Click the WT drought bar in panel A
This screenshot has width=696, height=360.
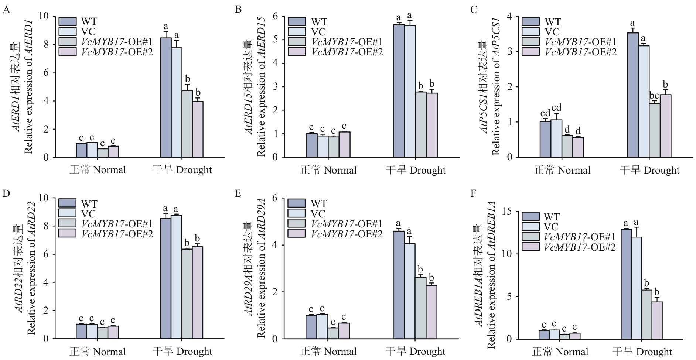tap(166, 97)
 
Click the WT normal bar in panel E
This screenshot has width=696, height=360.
tap(311, 327)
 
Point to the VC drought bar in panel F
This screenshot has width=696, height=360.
tap(637, 288)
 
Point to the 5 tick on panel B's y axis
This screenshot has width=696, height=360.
tap(275, 40)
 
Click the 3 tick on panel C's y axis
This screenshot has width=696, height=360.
tap(510, 51)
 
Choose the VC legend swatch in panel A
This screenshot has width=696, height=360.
tap(67, 31)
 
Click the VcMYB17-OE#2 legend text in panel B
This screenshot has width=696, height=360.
tap(347, 52)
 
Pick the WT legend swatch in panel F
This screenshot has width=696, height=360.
tap(531, 217)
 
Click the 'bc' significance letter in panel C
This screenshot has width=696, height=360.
tap(654, 96)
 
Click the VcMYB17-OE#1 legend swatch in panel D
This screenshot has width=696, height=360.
tap(67, 223)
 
